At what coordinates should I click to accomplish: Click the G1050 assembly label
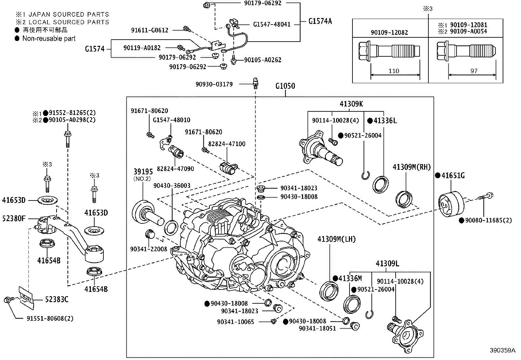285,86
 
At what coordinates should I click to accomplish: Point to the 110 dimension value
394,71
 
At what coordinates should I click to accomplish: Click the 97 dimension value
474,71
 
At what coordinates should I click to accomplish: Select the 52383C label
56,299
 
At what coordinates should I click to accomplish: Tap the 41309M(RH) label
412,167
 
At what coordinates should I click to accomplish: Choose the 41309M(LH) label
336,239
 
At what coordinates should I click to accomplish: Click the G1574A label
320,21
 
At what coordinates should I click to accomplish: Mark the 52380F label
14,218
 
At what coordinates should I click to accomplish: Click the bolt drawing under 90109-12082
389,52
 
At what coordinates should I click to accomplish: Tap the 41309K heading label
351,104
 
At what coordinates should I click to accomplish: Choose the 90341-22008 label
149,249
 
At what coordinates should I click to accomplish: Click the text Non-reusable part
49,38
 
